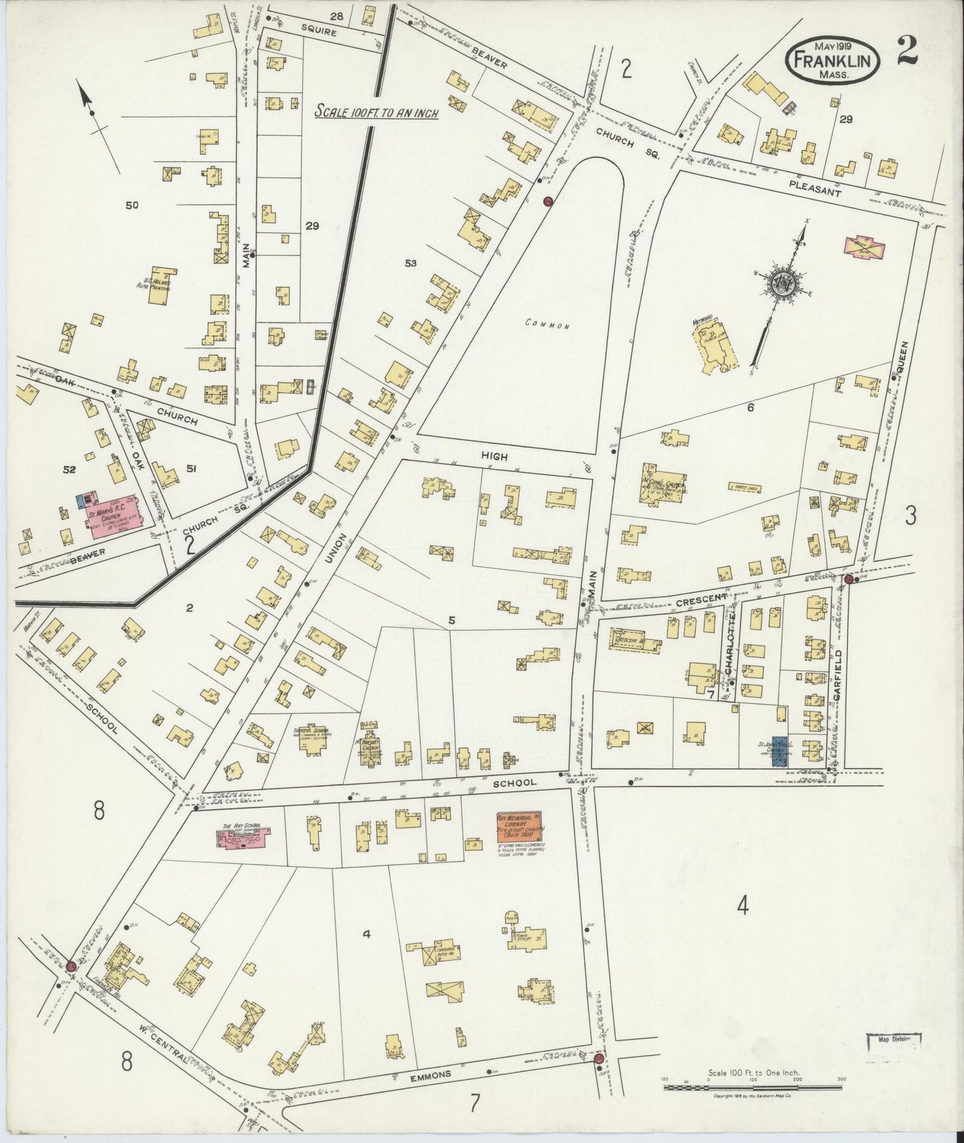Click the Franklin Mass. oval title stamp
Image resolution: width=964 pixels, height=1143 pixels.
(834, 59)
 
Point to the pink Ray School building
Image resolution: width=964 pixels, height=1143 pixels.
(243, 838)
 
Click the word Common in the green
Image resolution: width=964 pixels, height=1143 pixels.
(547, 325)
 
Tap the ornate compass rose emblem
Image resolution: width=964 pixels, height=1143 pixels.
(781, 283)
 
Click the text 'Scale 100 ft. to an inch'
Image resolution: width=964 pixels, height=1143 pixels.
(376, 112)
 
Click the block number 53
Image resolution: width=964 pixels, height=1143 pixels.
(410, 263)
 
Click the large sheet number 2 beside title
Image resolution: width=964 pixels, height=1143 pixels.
(907, 51)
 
